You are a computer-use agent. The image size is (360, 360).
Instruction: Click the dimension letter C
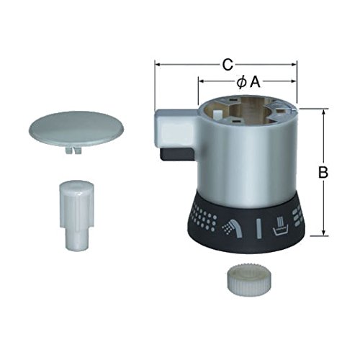pyautogui.click(x=228, y=65)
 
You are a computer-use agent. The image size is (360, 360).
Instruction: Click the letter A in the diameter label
pyautogui.click(x=255, y=83)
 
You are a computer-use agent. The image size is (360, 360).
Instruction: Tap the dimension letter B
pyautogui.click(x=323, y=172)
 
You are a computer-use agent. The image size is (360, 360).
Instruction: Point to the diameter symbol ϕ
pyautogui.click(x=241, y=83)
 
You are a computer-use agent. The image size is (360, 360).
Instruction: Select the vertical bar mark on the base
pyautogui.click(x=258, y=228)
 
